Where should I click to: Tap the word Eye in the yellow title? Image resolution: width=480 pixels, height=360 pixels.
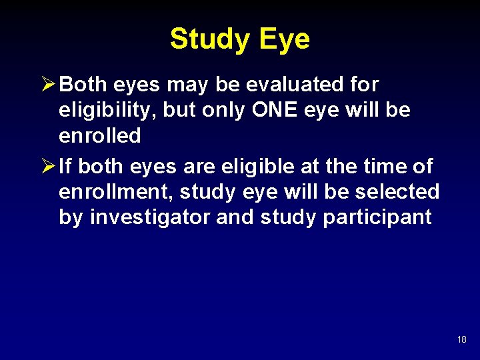[285, 39]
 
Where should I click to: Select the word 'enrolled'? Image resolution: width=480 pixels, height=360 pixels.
[100, 136]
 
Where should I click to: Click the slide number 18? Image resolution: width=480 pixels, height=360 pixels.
[462, 340]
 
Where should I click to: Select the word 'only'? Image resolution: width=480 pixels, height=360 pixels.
[223, 111]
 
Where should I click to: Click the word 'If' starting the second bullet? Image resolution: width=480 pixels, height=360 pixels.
[65, 166]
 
